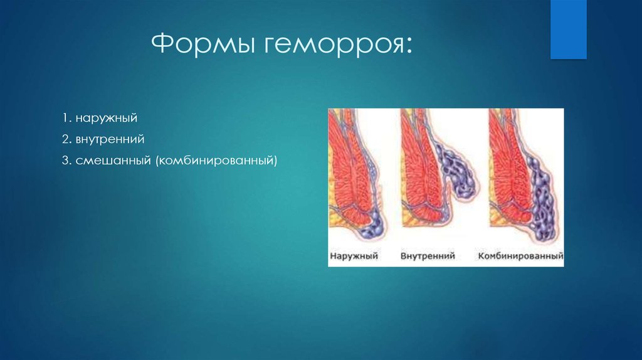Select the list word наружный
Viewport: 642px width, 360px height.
click(x=107, y=119)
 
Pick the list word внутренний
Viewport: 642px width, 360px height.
click(x=110, y=139)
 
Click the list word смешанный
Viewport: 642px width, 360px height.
click(x=113, y=160)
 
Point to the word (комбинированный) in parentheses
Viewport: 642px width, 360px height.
click(x=216, y=160)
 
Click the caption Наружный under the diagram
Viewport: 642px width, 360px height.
click(x=354, y=256)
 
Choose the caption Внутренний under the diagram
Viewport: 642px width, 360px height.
click(x=428, y=256)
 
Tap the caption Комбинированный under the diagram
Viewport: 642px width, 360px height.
click(x=520, y=257)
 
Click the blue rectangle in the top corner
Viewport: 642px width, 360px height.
click(x=568, y=29)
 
